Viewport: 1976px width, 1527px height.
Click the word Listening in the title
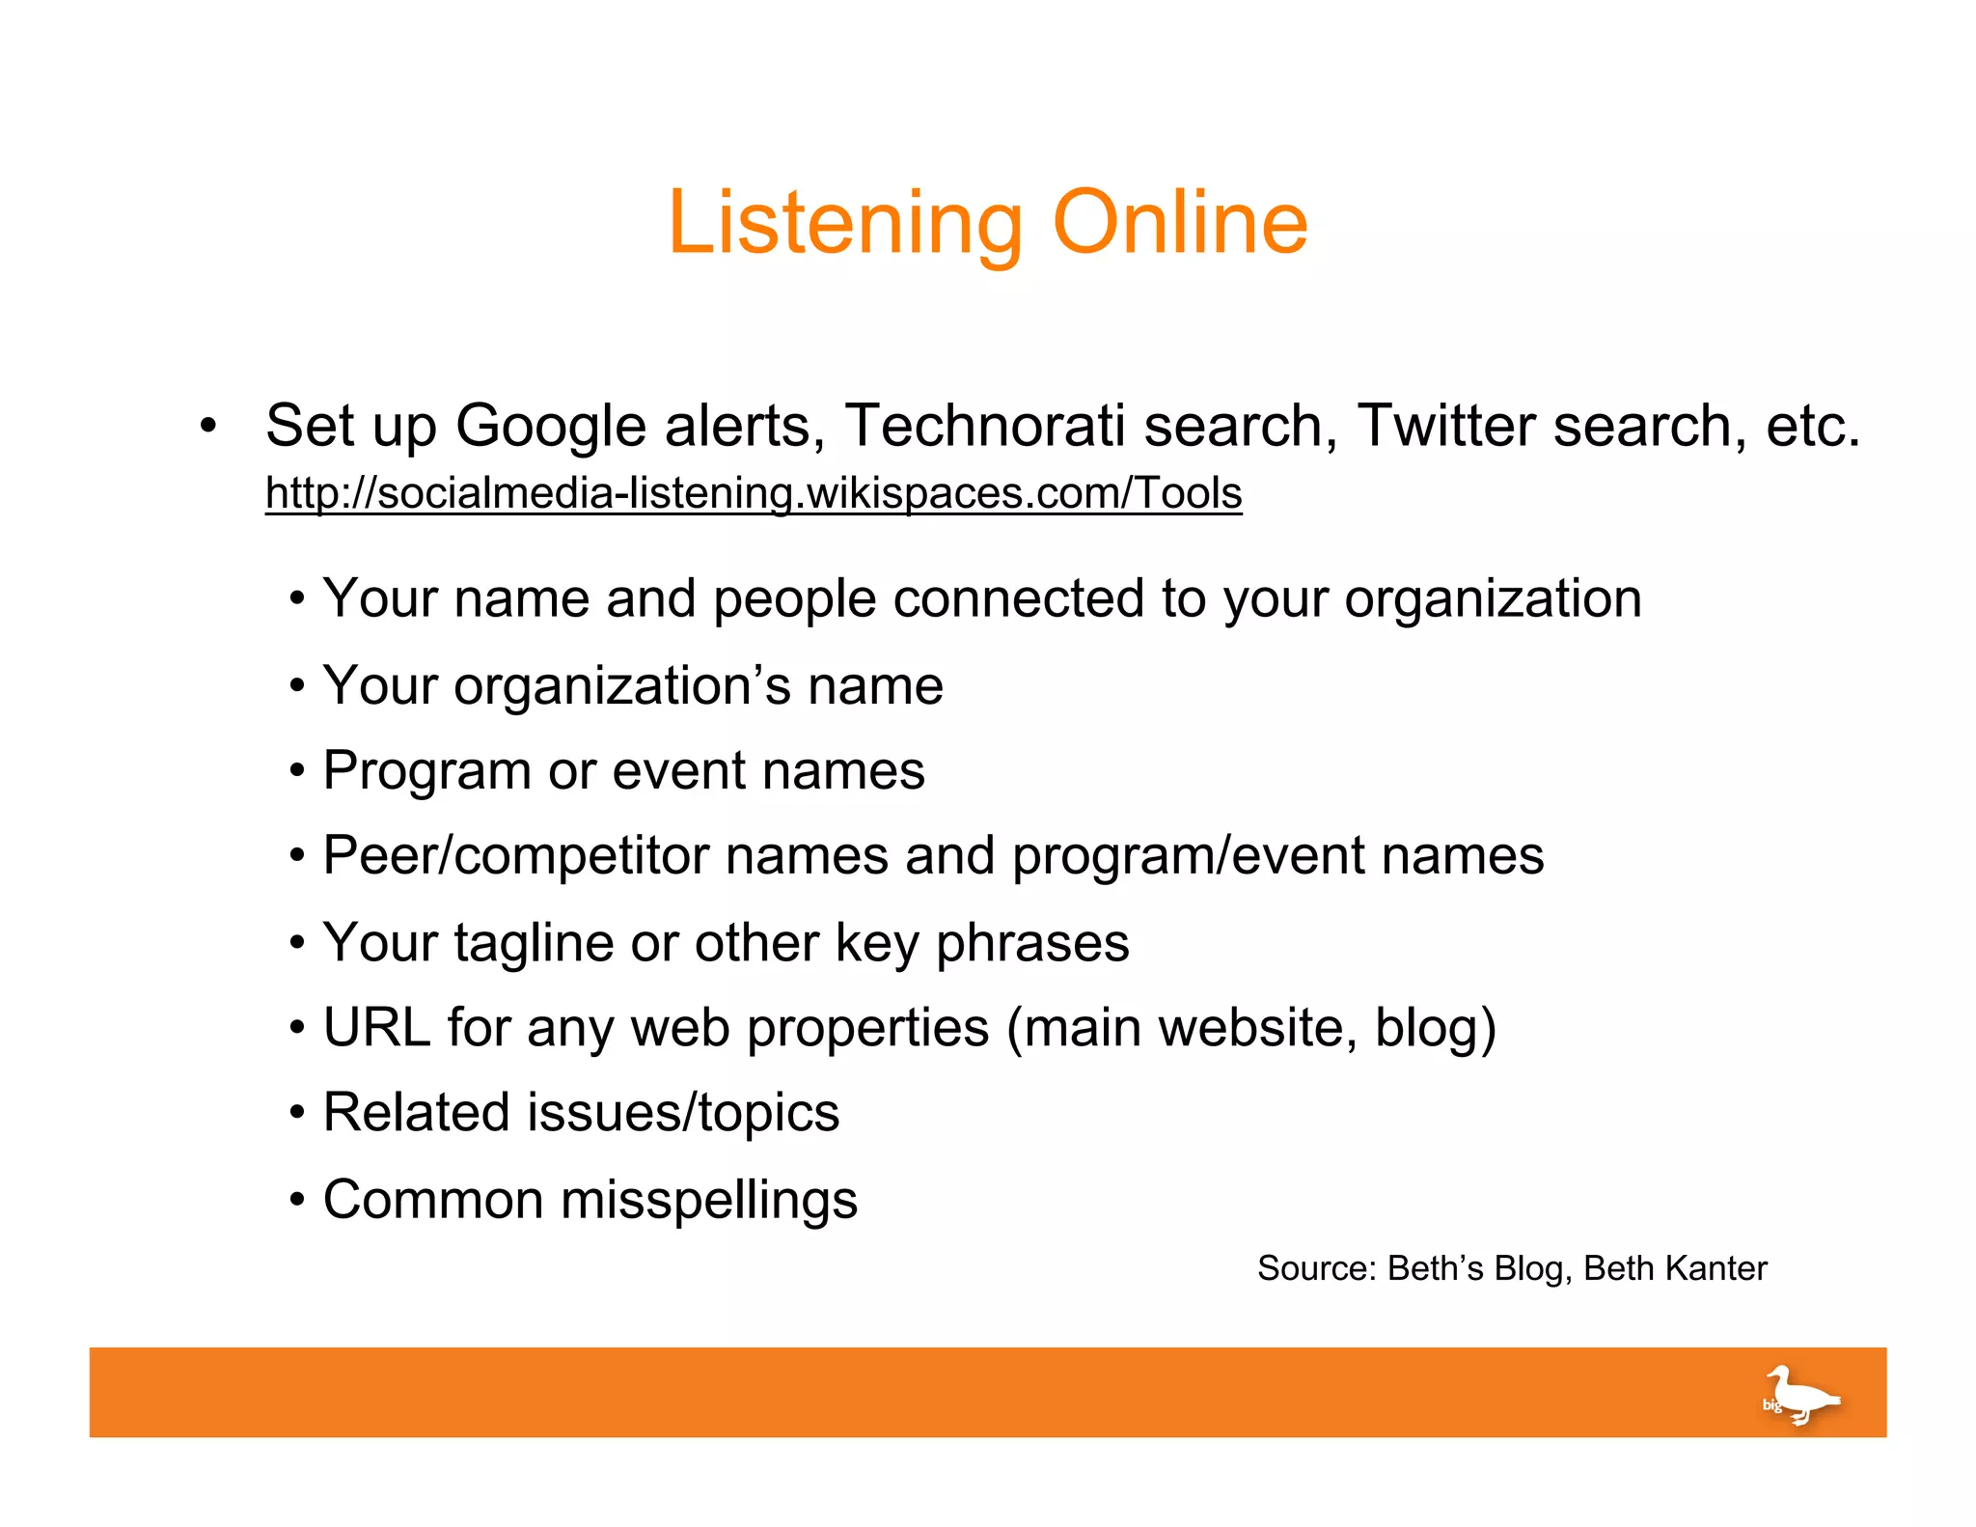(x=844, y=224)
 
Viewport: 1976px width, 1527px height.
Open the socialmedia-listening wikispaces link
(x=754, y=492)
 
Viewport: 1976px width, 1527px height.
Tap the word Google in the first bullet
(x=550, y=427)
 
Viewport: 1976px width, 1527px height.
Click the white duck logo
(x=1800, y=1394)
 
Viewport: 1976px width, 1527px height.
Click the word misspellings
(x=709, y=1200)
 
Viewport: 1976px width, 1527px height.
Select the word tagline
(x=534, y=943)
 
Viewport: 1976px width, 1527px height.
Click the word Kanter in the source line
(x=1722, y=1268)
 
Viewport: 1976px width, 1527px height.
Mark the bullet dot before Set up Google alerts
(x=207, y=426)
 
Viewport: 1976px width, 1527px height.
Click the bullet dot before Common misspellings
(x=298, y=1201)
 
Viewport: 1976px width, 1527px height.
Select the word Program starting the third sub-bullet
(x=426, y=771)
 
